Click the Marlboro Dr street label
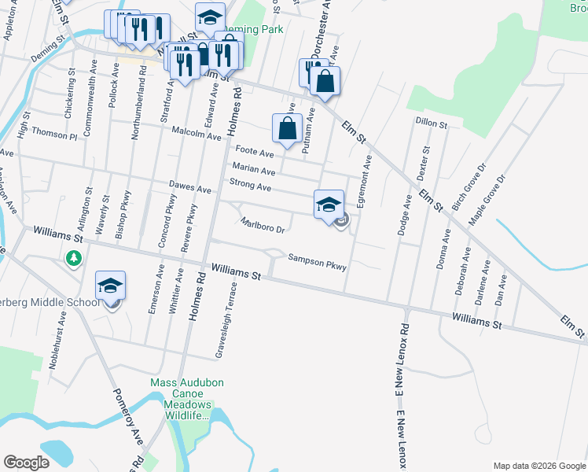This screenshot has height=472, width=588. [262, 225]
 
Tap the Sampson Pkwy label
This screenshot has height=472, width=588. [317, 261]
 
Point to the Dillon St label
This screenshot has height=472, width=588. [431, 124]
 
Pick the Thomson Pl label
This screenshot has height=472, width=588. [61, 135]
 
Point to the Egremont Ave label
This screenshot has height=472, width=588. [363, 182]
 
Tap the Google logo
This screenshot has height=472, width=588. [27, 463]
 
